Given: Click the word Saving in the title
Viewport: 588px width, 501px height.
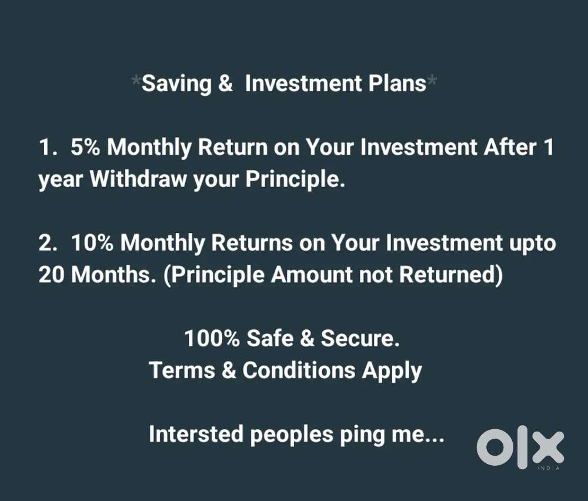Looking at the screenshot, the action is [176, 84].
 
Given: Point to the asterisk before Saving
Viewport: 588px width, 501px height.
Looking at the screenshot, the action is [136, 80].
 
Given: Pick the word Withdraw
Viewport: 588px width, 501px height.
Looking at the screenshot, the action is [138, 179].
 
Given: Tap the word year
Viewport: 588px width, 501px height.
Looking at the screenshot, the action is [61, 181].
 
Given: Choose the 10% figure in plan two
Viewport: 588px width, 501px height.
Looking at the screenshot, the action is [92, 243].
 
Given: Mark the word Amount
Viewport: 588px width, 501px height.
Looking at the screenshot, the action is [312, 275].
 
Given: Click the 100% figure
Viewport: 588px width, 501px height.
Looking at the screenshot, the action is [212, 338].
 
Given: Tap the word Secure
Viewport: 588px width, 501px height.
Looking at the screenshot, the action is [360, 338].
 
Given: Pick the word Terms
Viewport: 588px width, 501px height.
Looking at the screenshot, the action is [182, 370].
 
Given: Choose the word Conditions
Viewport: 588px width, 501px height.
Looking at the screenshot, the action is [299, 370].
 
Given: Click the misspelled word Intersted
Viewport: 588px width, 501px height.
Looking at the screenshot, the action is [196, 434].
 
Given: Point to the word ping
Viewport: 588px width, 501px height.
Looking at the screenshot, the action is [362, 436].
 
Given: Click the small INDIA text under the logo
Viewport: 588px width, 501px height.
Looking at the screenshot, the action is [549, 469].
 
